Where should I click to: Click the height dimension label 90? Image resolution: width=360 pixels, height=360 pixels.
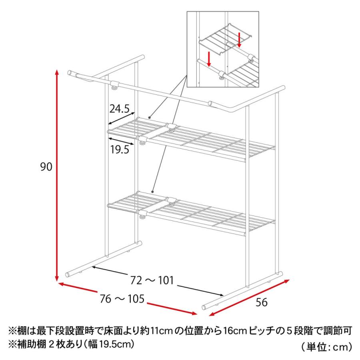click(x=46, y=167)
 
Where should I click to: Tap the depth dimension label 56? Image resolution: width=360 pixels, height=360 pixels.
click(x=262, y=302)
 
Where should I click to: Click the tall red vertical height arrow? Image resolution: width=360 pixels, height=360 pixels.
click(x=57, y=176)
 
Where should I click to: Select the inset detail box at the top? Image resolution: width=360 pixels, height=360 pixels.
click(x=226, y=49)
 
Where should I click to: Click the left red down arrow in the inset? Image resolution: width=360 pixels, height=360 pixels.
click(x=209, y=59)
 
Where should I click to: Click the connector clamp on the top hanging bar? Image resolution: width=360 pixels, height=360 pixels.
click(x=115, y=85)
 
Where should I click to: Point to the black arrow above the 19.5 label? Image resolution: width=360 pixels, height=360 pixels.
click(x=121, y=140)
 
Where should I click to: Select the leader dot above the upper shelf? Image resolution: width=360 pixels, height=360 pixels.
click(x=149, y=117)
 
